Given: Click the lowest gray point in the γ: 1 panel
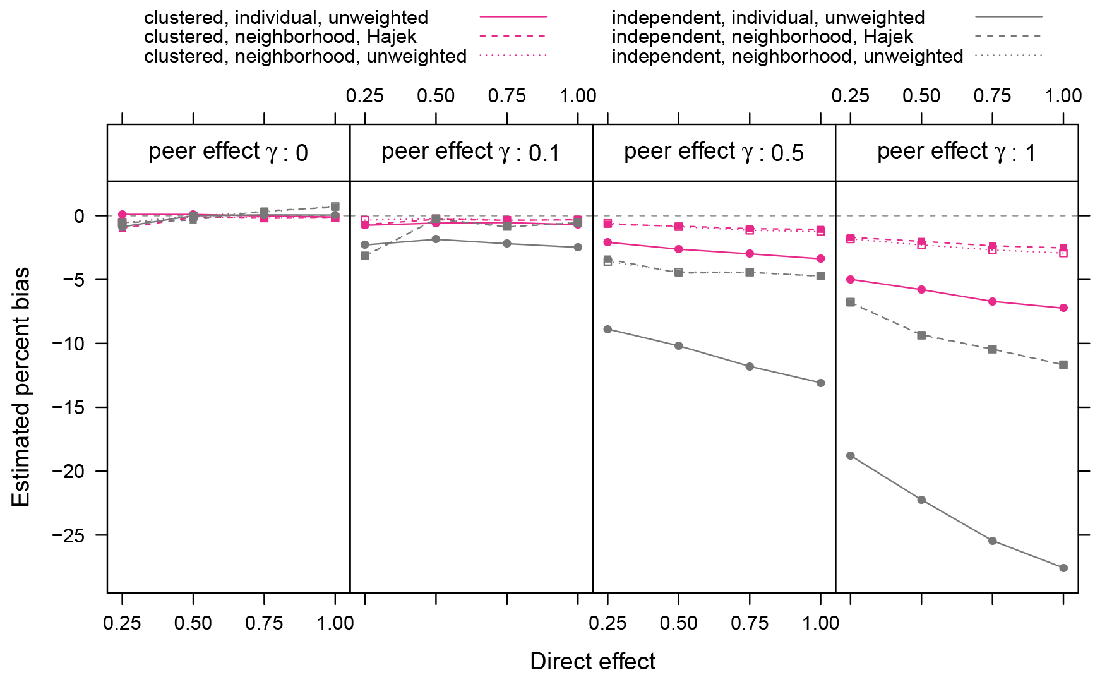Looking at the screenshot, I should point(1063,568).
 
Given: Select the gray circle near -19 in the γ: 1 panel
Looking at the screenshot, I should point(851,455).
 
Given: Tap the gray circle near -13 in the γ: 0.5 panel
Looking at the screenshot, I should point(820,383).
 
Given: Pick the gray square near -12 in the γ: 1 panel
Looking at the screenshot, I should point(1063,364).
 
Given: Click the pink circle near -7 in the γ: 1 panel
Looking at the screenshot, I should point(1063,308).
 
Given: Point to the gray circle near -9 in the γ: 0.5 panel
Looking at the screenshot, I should point(607,329).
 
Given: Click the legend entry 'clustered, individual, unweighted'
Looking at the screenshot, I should point(286,18).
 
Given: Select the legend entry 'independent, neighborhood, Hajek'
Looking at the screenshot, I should point(762,37).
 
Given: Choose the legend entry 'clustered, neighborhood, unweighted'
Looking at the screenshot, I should point(305,56).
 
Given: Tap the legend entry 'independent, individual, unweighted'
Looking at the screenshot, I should point(768,18).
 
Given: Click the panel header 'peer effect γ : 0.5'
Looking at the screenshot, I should point(714,153).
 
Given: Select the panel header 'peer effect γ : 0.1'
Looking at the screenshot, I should point(470,153).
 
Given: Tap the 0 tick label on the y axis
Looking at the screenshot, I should point(78,216).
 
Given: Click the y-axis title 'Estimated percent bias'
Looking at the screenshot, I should point(21,386).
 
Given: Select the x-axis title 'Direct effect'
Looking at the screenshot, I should point(592,661).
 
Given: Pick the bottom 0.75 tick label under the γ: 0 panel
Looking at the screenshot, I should point(264,623).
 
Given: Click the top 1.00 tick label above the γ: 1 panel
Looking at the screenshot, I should point(1063,96).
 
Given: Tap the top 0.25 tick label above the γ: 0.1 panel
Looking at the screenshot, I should point(365,96).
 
